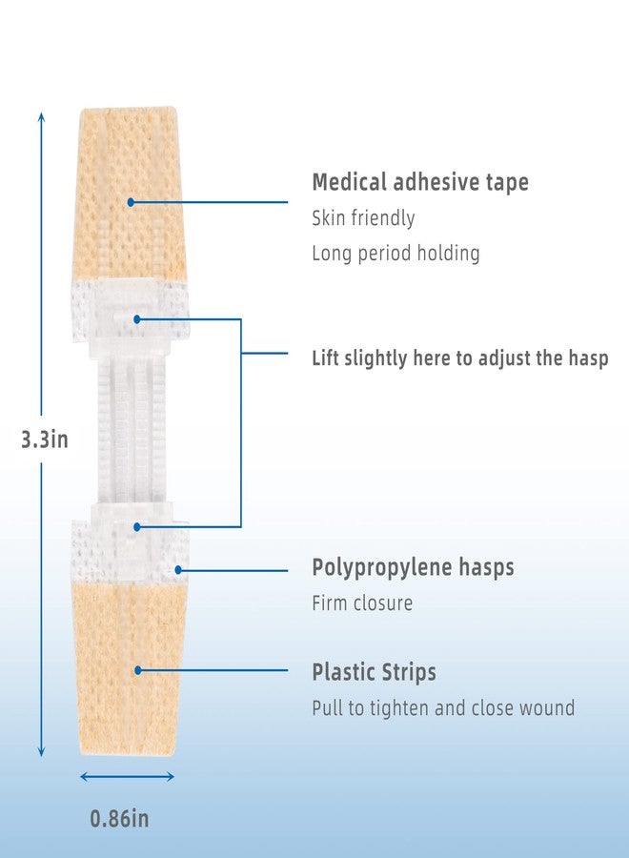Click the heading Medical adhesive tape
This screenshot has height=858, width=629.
[420, 182]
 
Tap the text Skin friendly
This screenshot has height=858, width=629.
[363, 218]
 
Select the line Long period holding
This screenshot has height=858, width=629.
[396, 254]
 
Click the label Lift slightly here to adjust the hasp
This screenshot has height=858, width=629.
[460, 358]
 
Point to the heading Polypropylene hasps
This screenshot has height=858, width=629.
[413, 567]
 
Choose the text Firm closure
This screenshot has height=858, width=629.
[362, 603]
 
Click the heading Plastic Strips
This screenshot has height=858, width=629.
[375, 672]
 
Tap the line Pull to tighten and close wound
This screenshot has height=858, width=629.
[443, 708]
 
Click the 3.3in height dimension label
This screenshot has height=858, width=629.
[44, 439]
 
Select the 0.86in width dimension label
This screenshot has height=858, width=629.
[119, 819]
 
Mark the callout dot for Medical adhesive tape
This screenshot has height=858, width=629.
[131, 202]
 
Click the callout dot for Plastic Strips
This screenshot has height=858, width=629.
[138, 670]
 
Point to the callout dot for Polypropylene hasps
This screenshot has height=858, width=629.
[178, 570]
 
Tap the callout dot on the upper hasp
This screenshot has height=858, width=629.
[136, 319]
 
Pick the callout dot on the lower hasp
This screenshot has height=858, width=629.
[136, 527]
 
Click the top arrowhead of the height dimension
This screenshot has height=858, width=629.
[41, 115]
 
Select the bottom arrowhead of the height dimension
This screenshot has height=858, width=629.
[41, 753]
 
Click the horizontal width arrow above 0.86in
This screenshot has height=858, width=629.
[127, 776]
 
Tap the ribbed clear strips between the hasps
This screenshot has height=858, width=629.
[132, 430]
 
